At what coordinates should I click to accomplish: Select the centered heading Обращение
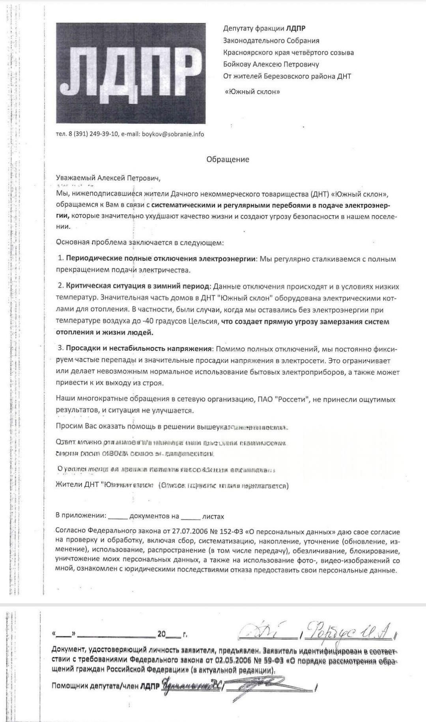point(228,159)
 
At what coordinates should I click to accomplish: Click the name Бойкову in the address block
point(238,64)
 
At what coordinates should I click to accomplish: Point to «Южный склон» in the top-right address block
point(252,92)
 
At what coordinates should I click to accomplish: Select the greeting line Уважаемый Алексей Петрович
point(108,178)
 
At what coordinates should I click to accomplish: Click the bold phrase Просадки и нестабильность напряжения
point(139,349)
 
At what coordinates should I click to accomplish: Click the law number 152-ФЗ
point(228,532)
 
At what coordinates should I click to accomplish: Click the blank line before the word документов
point(118,517)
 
